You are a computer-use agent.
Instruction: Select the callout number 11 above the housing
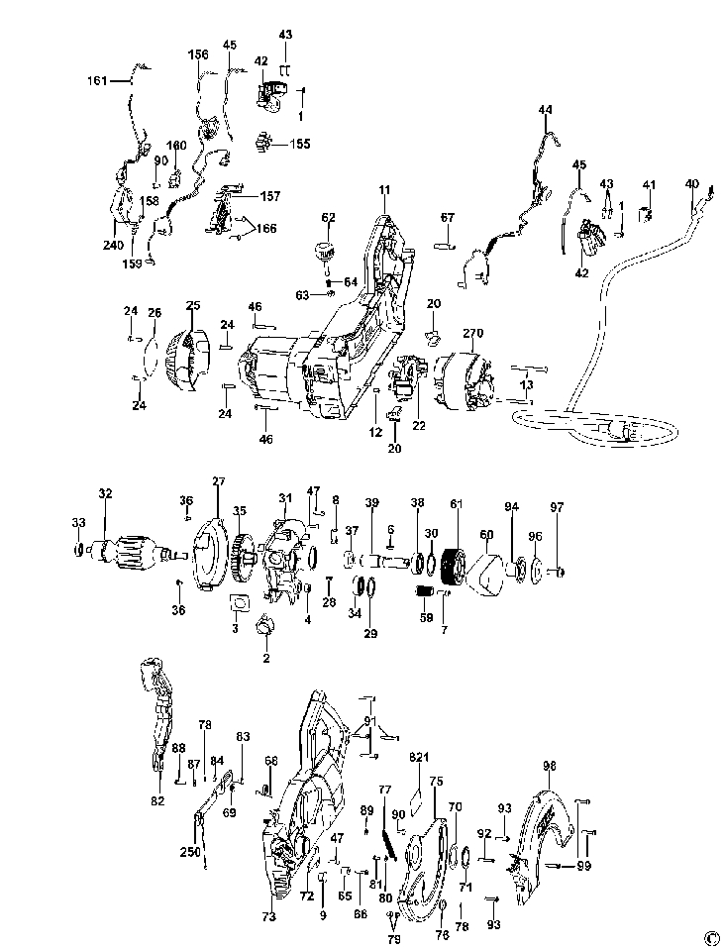click(x=384, y=188)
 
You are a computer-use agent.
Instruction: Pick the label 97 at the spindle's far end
click(x=558, y=507)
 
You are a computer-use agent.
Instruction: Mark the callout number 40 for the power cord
click(x=691, y=183)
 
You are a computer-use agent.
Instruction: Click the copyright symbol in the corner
click(x=710, y=937)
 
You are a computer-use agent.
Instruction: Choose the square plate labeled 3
click(x=238, y=601)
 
